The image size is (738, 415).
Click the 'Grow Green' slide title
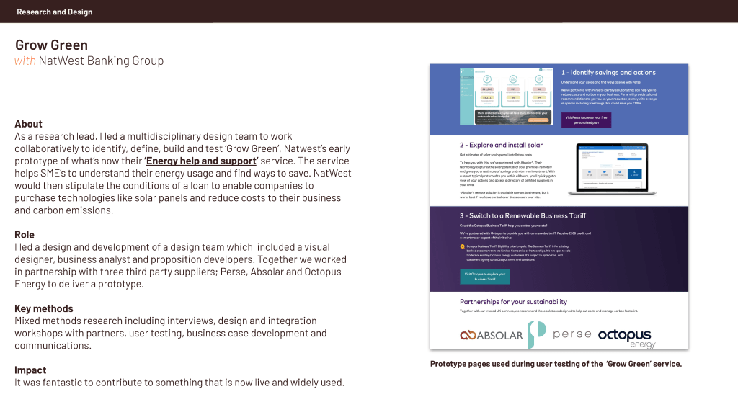pyautogui.click(x=51, y=45)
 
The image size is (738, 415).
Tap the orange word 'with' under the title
pyautogui.click(x=25, y=61)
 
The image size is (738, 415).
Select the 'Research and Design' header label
pyautogui.click(x=55, y=12)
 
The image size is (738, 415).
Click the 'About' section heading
pyautogui.click(x=28, y=124)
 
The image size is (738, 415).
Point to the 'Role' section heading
pyautogui.click(x=25, y=235)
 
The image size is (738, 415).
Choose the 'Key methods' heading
pyautogui.click(x=44, y=308)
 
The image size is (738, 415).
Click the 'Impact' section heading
pyautogui.click(x=30, y=370)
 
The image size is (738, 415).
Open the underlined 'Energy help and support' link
pyautogui.click(x=201, y=161)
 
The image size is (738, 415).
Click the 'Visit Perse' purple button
pyautogui.click(x=585, y=120)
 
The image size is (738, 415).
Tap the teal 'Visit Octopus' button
pyautogui.click(x=484, y=276)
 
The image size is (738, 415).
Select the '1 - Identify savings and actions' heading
pyautogui.click(x=608, y=73)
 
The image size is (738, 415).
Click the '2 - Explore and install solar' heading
pyautogui.click(x=501, y=145)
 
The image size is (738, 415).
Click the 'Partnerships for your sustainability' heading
pyautogui.click(x=513, y=302)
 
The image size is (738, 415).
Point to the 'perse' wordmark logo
pyautogui.click(x=572, y=334)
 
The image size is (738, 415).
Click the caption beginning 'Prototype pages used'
pyautogui.click(x=556, y=364)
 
